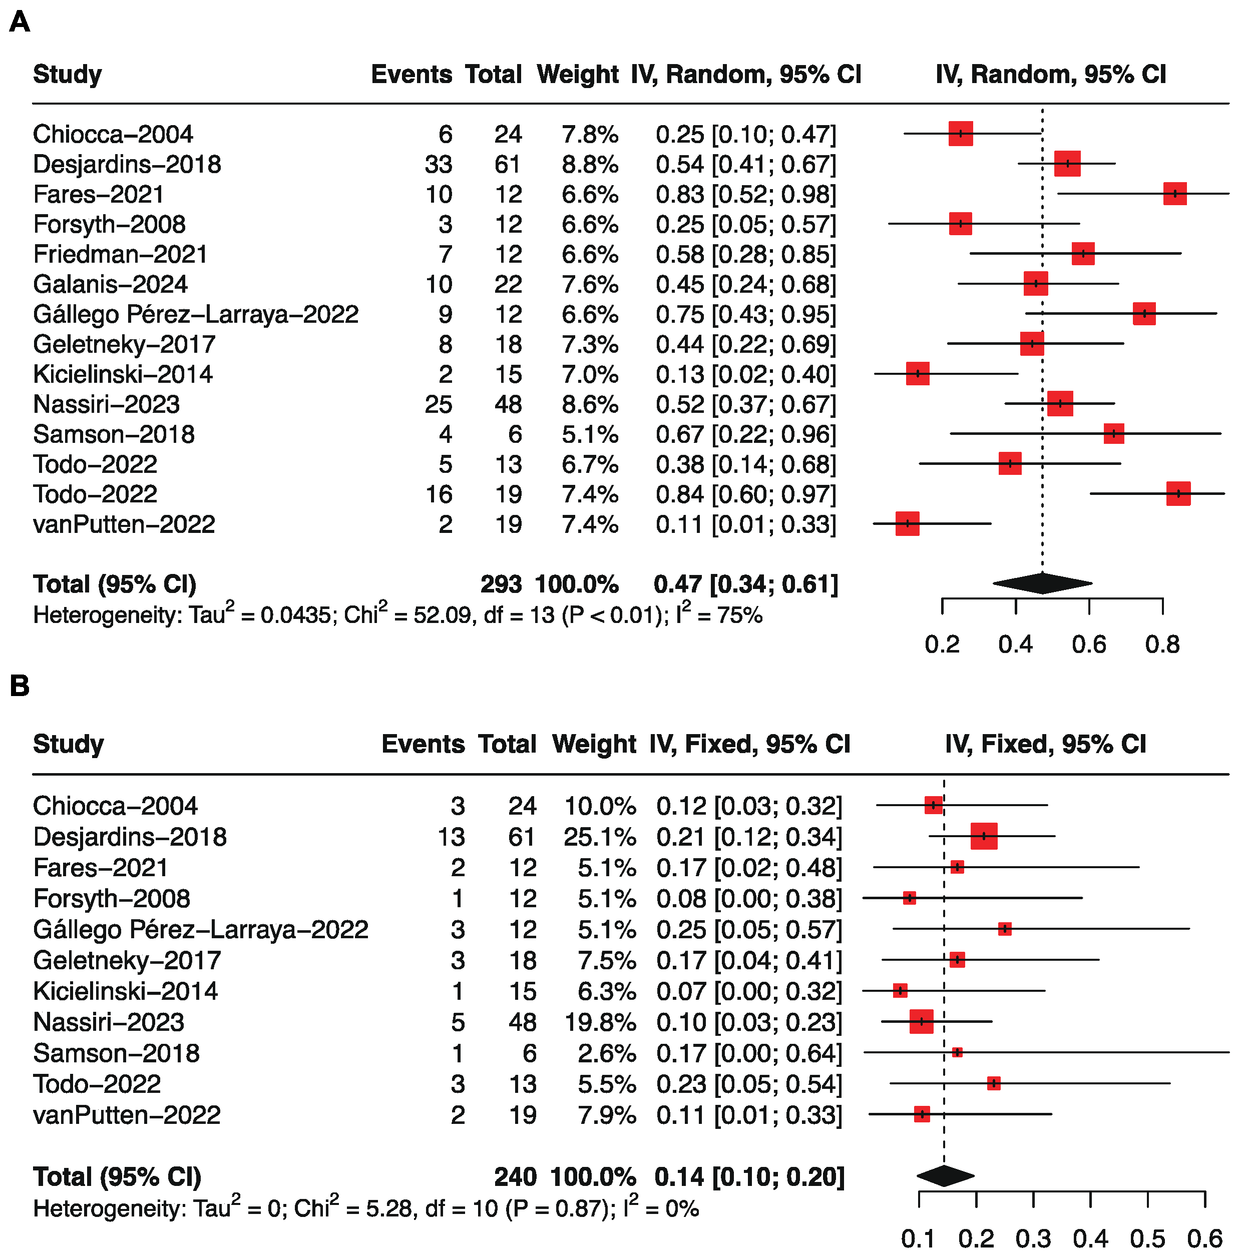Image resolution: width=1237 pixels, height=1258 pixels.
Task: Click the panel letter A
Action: pos(20,22)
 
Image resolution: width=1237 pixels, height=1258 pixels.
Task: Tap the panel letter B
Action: pos(20,686)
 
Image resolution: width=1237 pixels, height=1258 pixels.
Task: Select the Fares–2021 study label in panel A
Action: pos(98,194)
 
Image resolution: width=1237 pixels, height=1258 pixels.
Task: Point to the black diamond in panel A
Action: pos(1042,583)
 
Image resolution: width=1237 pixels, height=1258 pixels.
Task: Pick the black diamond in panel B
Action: pos(945,1175)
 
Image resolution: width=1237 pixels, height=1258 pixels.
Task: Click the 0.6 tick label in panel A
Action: pos(1089,645)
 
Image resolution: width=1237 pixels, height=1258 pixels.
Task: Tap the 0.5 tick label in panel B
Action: pos(1147,1239)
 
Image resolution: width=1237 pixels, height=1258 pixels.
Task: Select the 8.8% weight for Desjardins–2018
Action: pos(590,164)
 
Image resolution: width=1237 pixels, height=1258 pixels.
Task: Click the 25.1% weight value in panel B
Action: pos(599,837)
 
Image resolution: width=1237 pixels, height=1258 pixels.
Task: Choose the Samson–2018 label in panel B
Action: pos(116,1053)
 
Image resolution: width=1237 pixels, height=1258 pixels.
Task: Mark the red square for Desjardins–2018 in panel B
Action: pos(984,836)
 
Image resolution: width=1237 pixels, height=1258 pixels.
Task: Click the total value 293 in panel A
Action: pos(501,584)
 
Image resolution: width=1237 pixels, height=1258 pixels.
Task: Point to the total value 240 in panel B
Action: pos(515,1177)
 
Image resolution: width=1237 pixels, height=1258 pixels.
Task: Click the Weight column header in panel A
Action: pos(578,75)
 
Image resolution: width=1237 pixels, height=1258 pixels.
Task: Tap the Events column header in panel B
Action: pos(423,744)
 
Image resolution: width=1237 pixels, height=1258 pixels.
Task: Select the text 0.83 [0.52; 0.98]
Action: pos(746,194)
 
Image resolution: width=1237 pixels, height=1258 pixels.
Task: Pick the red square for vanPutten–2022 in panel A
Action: pos(907,523)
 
